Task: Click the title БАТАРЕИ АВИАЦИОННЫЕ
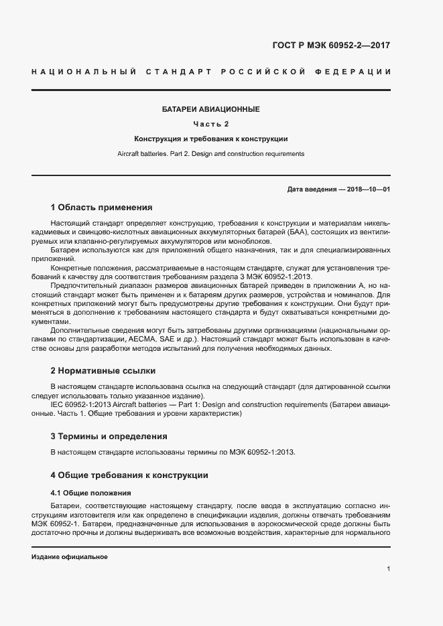210,108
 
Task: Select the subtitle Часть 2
210,124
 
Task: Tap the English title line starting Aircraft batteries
210,153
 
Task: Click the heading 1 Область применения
101,208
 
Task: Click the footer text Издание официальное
70,557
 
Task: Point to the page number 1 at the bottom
388,568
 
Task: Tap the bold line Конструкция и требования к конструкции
210,139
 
